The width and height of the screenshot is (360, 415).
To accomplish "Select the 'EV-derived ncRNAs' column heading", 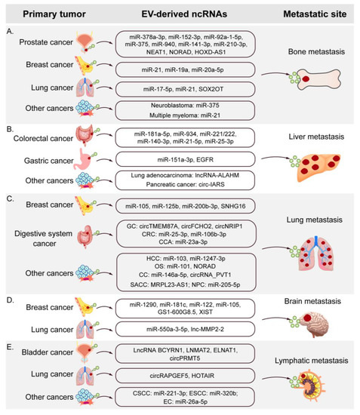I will (179, 11).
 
